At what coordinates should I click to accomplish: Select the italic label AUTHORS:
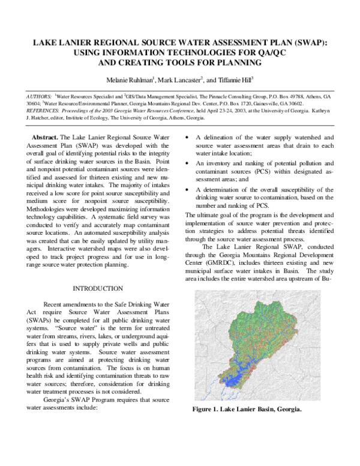click(39, 96)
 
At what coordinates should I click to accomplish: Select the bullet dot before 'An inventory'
click(190, 163)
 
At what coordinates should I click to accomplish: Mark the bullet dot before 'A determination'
click(190, 189)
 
